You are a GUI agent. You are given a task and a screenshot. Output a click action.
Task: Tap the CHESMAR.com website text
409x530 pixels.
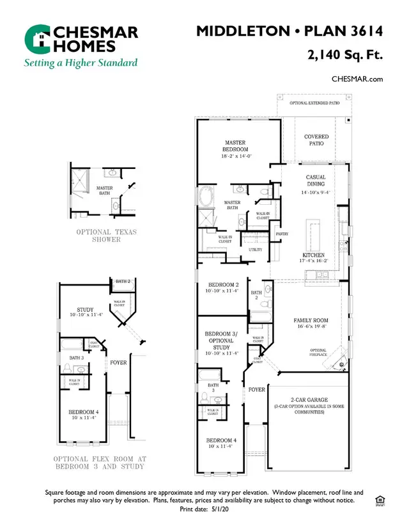point(357,79)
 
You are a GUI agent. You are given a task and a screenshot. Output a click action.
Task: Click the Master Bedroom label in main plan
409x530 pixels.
point(235,146)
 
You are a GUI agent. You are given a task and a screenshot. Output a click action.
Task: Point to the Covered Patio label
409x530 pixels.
point(316,140)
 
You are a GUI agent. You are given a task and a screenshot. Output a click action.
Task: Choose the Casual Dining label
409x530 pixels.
point(316,181)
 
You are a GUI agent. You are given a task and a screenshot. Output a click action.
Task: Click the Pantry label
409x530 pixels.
point(281,234)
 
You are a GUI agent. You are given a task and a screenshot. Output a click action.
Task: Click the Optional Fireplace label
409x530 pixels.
point(318,352)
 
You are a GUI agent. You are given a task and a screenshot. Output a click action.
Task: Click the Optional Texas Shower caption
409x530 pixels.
point(107,236)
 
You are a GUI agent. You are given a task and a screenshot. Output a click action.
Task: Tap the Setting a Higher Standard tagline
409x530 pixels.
point(81,63)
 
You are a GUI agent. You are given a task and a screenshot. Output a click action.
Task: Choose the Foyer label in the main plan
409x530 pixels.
point(257,389)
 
